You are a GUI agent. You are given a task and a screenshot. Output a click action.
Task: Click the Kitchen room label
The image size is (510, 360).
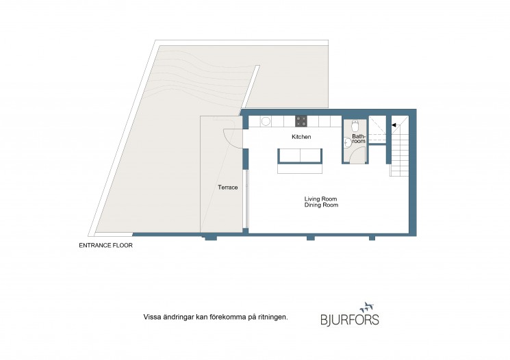click(301, 137)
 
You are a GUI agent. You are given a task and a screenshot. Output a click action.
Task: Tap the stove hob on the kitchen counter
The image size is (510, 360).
click(301, 121)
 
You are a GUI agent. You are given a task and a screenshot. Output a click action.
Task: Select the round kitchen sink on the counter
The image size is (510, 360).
click(266, 122)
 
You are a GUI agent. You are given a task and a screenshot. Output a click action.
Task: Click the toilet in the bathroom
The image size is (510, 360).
click(355, 125)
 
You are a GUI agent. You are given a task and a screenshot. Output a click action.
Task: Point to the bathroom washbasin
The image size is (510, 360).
click(347, 143)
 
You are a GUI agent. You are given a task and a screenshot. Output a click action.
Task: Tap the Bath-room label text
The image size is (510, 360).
click(359, 139)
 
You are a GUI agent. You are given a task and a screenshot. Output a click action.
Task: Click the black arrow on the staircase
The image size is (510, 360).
click(394, 125)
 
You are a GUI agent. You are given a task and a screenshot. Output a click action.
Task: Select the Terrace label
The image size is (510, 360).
click(228, 188)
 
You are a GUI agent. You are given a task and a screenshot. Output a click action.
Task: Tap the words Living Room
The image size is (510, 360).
click(320, 199)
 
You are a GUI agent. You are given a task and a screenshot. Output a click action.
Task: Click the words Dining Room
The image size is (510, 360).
click(321, 205)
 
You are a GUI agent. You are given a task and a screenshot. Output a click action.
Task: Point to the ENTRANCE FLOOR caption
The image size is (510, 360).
click(105, 246)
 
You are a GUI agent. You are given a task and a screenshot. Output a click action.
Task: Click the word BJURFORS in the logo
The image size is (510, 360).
click(350, 320)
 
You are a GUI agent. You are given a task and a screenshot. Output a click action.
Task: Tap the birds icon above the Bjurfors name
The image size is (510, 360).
click(367, 307)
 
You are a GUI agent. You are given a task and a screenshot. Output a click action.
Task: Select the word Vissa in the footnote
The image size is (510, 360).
click(151, 317)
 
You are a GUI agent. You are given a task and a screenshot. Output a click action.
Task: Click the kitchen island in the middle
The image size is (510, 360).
click(300, 161)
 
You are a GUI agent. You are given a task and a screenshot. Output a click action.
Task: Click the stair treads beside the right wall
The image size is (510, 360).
click(399, 150)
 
